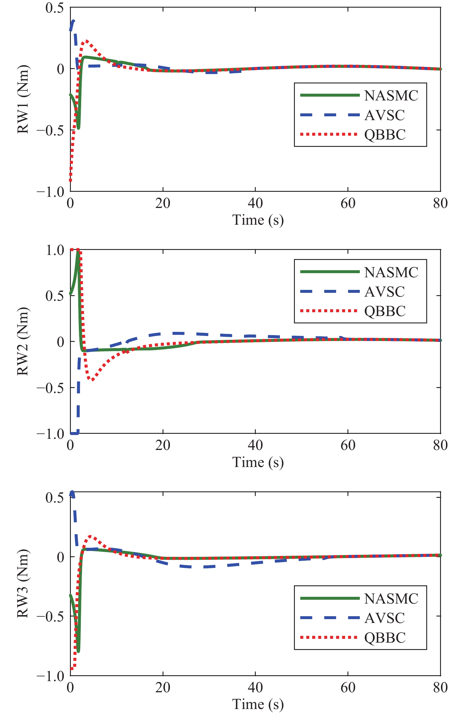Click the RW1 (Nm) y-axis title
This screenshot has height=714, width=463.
(23, 99)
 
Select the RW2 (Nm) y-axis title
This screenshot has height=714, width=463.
(23, 341)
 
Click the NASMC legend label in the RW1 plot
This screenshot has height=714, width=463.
(391, 96)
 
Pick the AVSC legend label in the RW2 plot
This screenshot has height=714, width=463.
(385, 292)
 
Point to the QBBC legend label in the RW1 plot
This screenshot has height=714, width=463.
(385, 135)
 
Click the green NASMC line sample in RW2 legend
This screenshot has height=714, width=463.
(330, 272)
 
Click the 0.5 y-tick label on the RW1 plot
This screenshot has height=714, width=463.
(55, 8)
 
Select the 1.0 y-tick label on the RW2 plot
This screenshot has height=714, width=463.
(55, 250)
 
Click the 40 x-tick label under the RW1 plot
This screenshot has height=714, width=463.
(255, 204)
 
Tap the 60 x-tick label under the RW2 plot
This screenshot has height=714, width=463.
(348, 446)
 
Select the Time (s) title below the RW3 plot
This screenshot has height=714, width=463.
(258, 704)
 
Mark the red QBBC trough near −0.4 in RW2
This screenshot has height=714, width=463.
(92, 380)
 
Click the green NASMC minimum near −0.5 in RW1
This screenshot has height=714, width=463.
(78, 128)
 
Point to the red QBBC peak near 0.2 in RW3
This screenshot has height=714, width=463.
(91, 536)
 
